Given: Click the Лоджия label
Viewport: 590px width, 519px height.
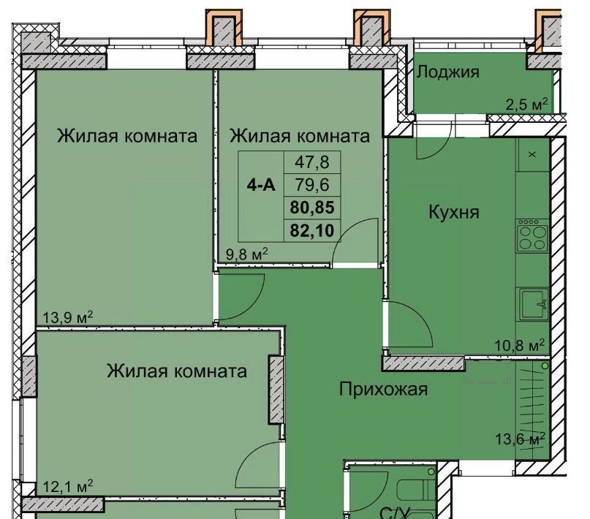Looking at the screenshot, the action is (447, 72).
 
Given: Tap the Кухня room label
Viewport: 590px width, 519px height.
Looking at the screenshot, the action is (454, 212).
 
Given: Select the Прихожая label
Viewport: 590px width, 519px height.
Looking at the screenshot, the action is (383, 389).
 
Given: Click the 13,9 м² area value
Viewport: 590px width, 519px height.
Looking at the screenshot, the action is (67, 318).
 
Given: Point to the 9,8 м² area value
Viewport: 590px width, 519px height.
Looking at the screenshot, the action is (246, 254).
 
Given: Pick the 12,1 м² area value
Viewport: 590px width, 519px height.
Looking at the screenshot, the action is (67, 487).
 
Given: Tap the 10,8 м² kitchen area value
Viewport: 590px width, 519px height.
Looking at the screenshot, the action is (519, 344).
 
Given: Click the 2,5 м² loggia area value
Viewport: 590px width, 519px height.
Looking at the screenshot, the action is (526, 104).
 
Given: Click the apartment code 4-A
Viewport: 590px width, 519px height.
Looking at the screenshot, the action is (261, 185).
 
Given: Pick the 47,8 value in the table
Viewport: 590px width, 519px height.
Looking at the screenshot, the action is (312, 162).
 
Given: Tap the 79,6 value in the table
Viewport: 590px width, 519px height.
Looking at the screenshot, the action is (312, 185).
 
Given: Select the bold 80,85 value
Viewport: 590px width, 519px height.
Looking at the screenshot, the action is (312, 208).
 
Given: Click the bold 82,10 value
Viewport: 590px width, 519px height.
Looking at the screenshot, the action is (312, 230).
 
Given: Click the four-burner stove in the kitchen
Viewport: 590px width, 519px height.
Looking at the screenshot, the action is (532, 235).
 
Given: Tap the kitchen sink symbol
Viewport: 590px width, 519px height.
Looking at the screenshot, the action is (534, 304).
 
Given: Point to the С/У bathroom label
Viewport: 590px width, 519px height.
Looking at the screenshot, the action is (394, 513).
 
